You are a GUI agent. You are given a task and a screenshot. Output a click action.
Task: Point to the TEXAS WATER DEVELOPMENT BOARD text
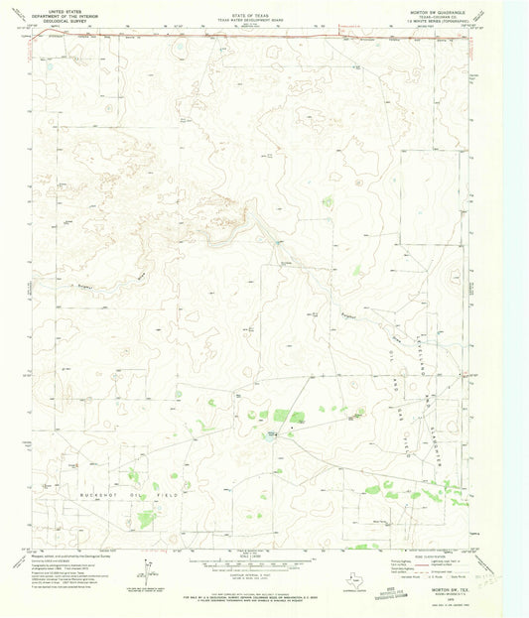(251, 20)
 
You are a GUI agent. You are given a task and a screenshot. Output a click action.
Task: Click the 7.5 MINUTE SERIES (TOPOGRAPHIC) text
(438, 24)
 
